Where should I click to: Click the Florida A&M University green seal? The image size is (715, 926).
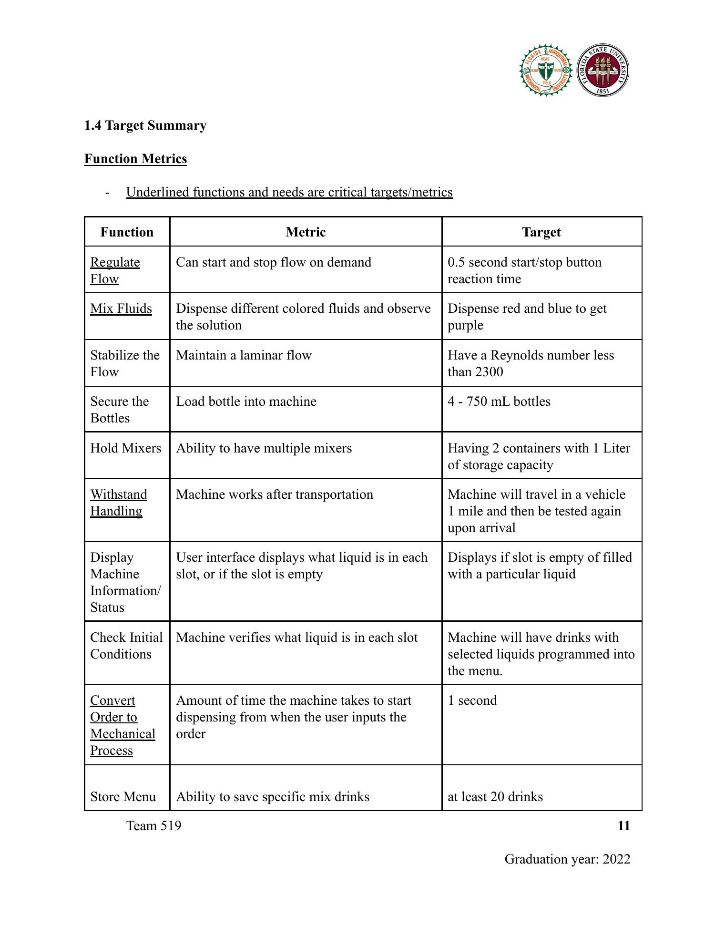546,71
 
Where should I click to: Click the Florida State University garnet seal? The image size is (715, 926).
603,71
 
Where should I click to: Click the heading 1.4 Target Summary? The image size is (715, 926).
145,125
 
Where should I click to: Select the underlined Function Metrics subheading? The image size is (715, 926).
135,159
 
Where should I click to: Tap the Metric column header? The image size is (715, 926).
306,232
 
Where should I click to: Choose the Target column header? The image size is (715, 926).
541,232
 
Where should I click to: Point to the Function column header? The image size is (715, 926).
127,232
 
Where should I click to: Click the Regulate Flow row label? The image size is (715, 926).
115,270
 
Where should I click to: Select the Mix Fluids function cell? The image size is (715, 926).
121,309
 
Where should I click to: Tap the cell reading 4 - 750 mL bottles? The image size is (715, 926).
499,401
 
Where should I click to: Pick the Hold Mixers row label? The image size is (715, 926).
126,448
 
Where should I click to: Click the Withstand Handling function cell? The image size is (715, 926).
118,503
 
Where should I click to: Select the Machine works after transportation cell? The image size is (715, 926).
275,494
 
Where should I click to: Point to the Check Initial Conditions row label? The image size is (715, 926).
126,646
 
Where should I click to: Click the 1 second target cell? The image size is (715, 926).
472,700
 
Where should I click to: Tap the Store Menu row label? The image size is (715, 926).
123,797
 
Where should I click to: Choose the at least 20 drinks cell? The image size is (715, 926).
495,797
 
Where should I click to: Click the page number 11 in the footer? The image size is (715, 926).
623,826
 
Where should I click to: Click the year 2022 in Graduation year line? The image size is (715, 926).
616,859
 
